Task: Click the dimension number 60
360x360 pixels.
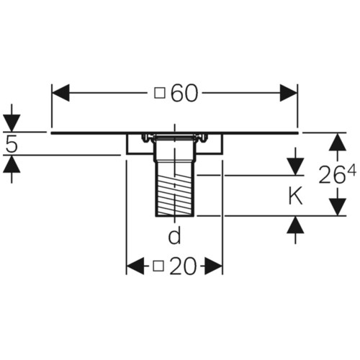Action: (x=184, y=93)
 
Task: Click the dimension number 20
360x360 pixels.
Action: (x=183, y=266)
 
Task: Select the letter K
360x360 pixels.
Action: (x=295, y=197)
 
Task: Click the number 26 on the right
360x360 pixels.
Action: (x=332, y=175)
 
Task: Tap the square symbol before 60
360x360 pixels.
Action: (x=160, y=93)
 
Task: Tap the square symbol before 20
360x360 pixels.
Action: (x=158, y=266)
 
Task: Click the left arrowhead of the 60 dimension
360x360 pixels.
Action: (x=60, y=93)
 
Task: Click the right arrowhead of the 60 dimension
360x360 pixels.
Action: (x=289, y=93)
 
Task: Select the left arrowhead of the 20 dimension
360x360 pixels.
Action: (x=135, y=266)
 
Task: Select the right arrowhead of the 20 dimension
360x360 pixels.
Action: (x=214, y=266)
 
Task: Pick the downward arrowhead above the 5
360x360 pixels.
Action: (x=12, y=123)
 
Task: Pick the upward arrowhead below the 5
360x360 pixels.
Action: (x=12, y=164)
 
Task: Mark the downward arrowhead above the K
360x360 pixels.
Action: (x=295, y=166)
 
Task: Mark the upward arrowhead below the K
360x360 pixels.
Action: (x=295, y=225)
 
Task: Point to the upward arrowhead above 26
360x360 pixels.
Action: (x=338, y=142)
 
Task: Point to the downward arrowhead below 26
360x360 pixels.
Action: (x=338, y=207)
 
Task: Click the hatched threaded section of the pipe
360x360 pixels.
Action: (x=174, y=195)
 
